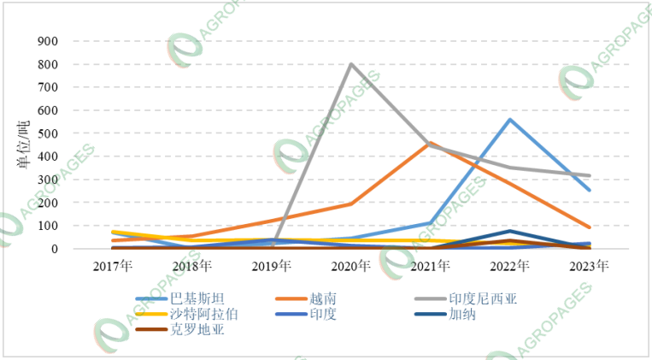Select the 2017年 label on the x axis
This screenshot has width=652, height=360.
[113, 265]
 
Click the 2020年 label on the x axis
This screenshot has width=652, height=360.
[351, 265]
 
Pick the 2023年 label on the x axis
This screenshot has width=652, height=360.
[590, 265]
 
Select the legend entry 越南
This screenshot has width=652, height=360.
[326, 298]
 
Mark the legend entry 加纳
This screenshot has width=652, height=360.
[465, 314]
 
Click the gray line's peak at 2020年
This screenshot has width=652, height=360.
[351, 64]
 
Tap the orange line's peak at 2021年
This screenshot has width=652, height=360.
[431, 143]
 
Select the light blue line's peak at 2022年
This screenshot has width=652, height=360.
[510, 120]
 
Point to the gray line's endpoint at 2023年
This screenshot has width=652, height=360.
[590, 176]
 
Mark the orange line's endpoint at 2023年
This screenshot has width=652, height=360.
[590, 227]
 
